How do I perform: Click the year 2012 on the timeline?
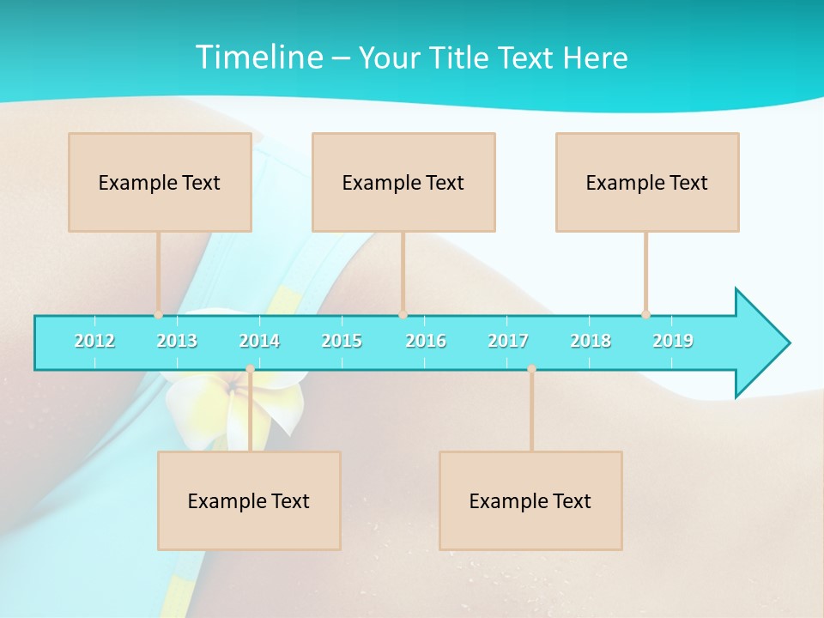click(x=94, y=341)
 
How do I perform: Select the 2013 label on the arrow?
click(x=177, y=341)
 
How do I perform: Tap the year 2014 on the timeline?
click(x=259, y=341)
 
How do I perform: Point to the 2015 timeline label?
click(x=342, y=341)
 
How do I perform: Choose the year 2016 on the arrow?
click(x=426, y=341)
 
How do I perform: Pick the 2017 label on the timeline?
click(x=508, y=341)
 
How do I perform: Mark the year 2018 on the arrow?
click(x=591, y=341)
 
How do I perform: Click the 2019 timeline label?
click(x=673, y=341)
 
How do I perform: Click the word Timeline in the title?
click(x=257, y=58)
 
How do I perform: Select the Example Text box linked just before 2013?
click(x=160, y=182)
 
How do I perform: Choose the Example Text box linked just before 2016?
click(x=403, y=182)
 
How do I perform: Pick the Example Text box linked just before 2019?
click(x=647, y=182)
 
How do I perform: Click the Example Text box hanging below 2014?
click(x=249, y=500)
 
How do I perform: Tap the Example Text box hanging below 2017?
click(x=530, y=500)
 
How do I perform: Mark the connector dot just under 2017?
click(x=531, y=369)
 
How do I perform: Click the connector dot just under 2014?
click(x=250, y=369)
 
